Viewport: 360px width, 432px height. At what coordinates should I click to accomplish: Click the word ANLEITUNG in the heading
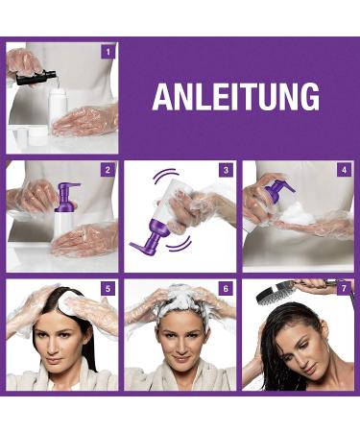(236, 96)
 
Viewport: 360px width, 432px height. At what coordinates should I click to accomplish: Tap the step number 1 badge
(108, 52)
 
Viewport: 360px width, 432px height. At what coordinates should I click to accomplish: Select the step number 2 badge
(108, 170)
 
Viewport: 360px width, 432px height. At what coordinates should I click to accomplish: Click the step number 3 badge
(226, 170)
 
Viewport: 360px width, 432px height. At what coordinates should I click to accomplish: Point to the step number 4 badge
(344, 170)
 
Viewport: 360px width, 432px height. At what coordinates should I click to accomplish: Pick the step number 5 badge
(108, 288)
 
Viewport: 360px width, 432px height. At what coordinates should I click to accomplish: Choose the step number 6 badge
(226, 288)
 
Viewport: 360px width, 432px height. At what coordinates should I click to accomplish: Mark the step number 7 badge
(344, 288)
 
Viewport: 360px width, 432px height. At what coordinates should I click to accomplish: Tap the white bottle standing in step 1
(58, 108)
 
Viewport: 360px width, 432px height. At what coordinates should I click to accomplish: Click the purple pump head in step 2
(65, 196)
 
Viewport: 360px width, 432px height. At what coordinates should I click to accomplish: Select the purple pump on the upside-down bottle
(151, 236)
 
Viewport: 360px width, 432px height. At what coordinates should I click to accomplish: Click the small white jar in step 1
(37, 136)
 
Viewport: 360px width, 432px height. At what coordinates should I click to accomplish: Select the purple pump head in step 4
(281, 190)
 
